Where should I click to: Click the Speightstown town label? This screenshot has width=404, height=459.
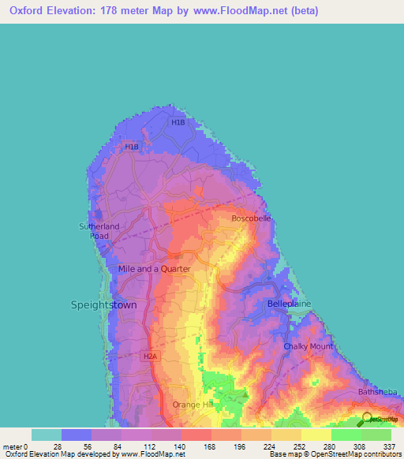tap(104, 304)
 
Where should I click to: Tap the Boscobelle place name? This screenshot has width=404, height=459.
tap(251, 218)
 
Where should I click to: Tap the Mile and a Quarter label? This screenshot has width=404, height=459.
tap(154, 269)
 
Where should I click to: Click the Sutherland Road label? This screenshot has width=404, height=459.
tap(99, 231)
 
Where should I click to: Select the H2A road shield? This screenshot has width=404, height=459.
tap(150, 356)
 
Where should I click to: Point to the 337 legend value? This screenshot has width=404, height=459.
tap(390, 446)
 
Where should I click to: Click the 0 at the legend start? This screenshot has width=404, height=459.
tap(25, 446)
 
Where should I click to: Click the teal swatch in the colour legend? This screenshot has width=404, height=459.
tap(47, 435)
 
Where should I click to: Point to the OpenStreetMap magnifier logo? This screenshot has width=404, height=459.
tap(366, 420)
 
